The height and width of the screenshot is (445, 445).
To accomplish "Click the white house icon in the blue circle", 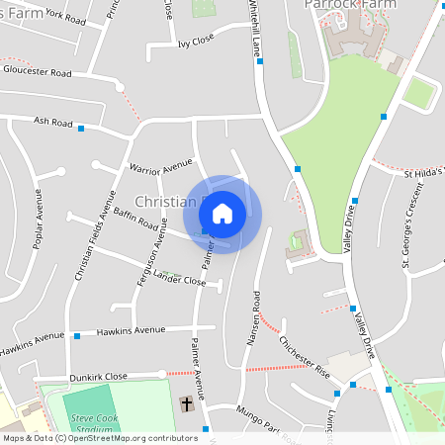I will (x=222, y=213).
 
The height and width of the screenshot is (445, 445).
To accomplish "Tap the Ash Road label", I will (x=53, y=123).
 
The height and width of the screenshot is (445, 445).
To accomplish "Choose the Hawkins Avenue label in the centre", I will (x=132, y=330).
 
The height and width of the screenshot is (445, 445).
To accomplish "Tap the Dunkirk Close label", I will (x=99, y=377).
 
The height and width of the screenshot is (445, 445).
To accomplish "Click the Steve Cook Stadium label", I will (x=94, y=424).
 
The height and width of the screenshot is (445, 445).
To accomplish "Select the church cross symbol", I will (x=187, y=403).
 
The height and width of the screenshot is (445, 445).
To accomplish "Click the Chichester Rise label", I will (x=304, y=357).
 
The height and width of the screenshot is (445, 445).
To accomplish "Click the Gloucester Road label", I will (x=38, y=72).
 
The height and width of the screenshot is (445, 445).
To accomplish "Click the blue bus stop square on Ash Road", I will (x=81, y=129).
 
